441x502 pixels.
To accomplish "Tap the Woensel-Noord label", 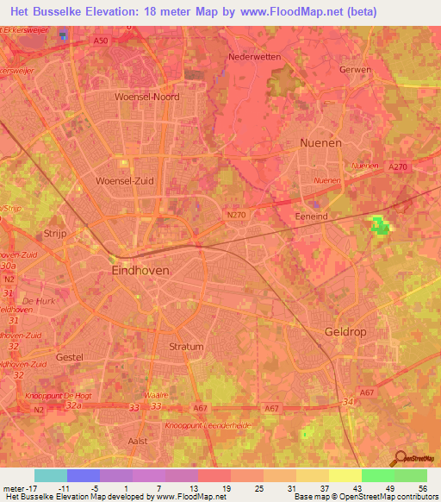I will [x=147, y=97].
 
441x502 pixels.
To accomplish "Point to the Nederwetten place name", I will [x=255, y=57].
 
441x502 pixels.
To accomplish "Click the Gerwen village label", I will [x=356, y=70].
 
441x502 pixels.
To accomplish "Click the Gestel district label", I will [x=69, y=356].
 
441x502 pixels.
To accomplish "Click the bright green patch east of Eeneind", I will [x=379, y=226].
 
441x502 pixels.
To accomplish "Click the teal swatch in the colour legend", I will [x=50, y=475].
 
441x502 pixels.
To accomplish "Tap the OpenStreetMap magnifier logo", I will [x=401, y=457].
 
